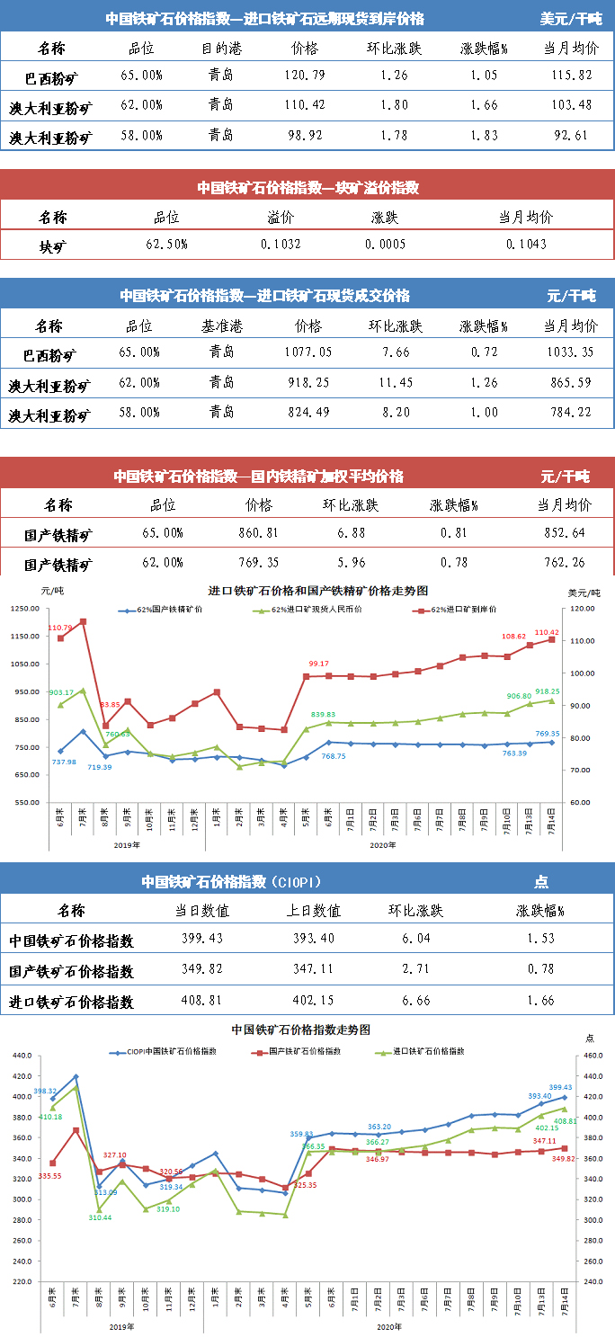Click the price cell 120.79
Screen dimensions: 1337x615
[305, 77]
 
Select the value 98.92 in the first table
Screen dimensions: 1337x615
[305, 137]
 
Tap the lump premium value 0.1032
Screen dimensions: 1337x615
[281, 245]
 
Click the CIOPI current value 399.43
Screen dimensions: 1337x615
[202, 940]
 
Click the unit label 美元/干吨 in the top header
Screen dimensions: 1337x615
[571, 18]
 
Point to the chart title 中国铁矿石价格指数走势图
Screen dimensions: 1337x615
[301, 1029]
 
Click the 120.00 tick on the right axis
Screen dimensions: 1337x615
[582, 609]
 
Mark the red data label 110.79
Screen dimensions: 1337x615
[60, 628]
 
